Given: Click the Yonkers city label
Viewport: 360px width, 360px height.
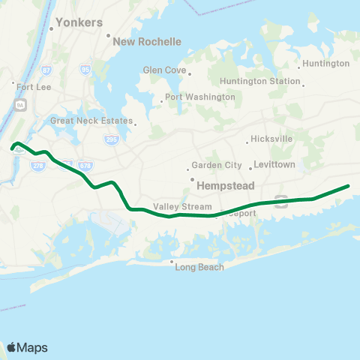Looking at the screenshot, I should pos(79,22).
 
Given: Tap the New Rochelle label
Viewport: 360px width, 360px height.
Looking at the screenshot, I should pos(146,42).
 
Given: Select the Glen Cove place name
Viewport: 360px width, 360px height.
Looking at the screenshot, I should pos(163,70).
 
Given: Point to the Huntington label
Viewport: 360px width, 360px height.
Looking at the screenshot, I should pos(327,64).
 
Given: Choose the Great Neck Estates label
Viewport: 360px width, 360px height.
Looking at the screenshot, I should pos(91,121).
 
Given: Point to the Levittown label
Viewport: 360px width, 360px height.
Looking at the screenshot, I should pos(274,164).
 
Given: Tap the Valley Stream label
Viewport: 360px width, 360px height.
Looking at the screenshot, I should pos(178,206).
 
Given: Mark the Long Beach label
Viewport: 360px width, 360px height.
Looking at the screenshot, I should pos(199,267).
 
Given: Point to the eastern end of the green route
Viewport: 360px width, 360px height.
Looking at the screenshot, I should pos(348,185).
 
